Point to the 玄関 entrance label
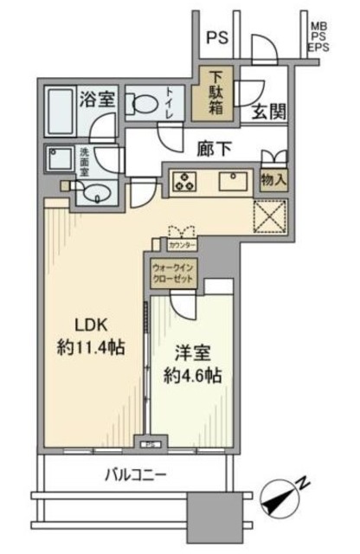coord(269,111)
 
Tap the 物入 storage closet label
coord(275,179)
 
